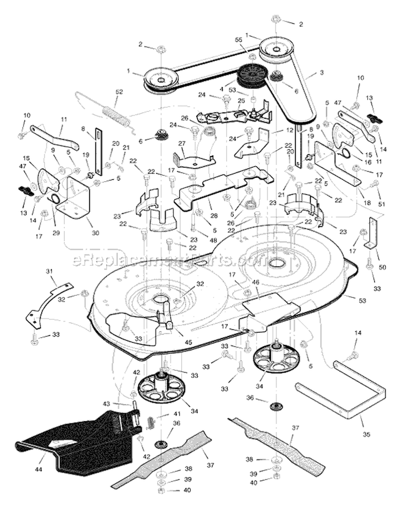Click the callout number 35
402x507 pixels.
click(x=366, y=434)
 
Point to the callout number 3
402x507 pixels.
click(x=321, y=72)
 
